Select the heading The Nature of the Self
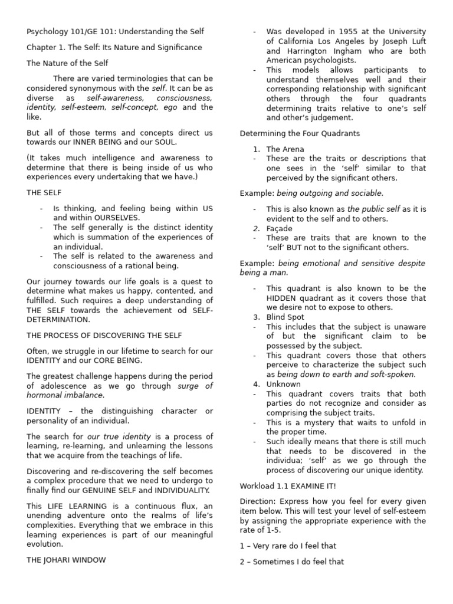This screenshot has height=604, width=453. (x=67, y=63)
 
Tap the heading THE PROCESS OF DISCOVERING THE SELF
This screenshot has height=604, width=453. (x=104, y=335)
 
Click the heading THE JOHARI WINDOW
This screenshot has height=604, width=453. (x=66, y=560)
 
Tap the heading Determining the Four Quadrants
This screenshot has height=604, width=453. (x=300, y=133)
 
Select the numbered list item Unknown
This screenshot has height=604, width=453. (x=283, y=384)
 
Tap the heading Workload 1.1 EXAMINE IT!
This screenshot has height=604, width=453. (x=288, y=485)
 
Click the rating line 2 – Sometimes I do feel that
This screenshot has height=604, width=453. (x=291, y=562)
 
